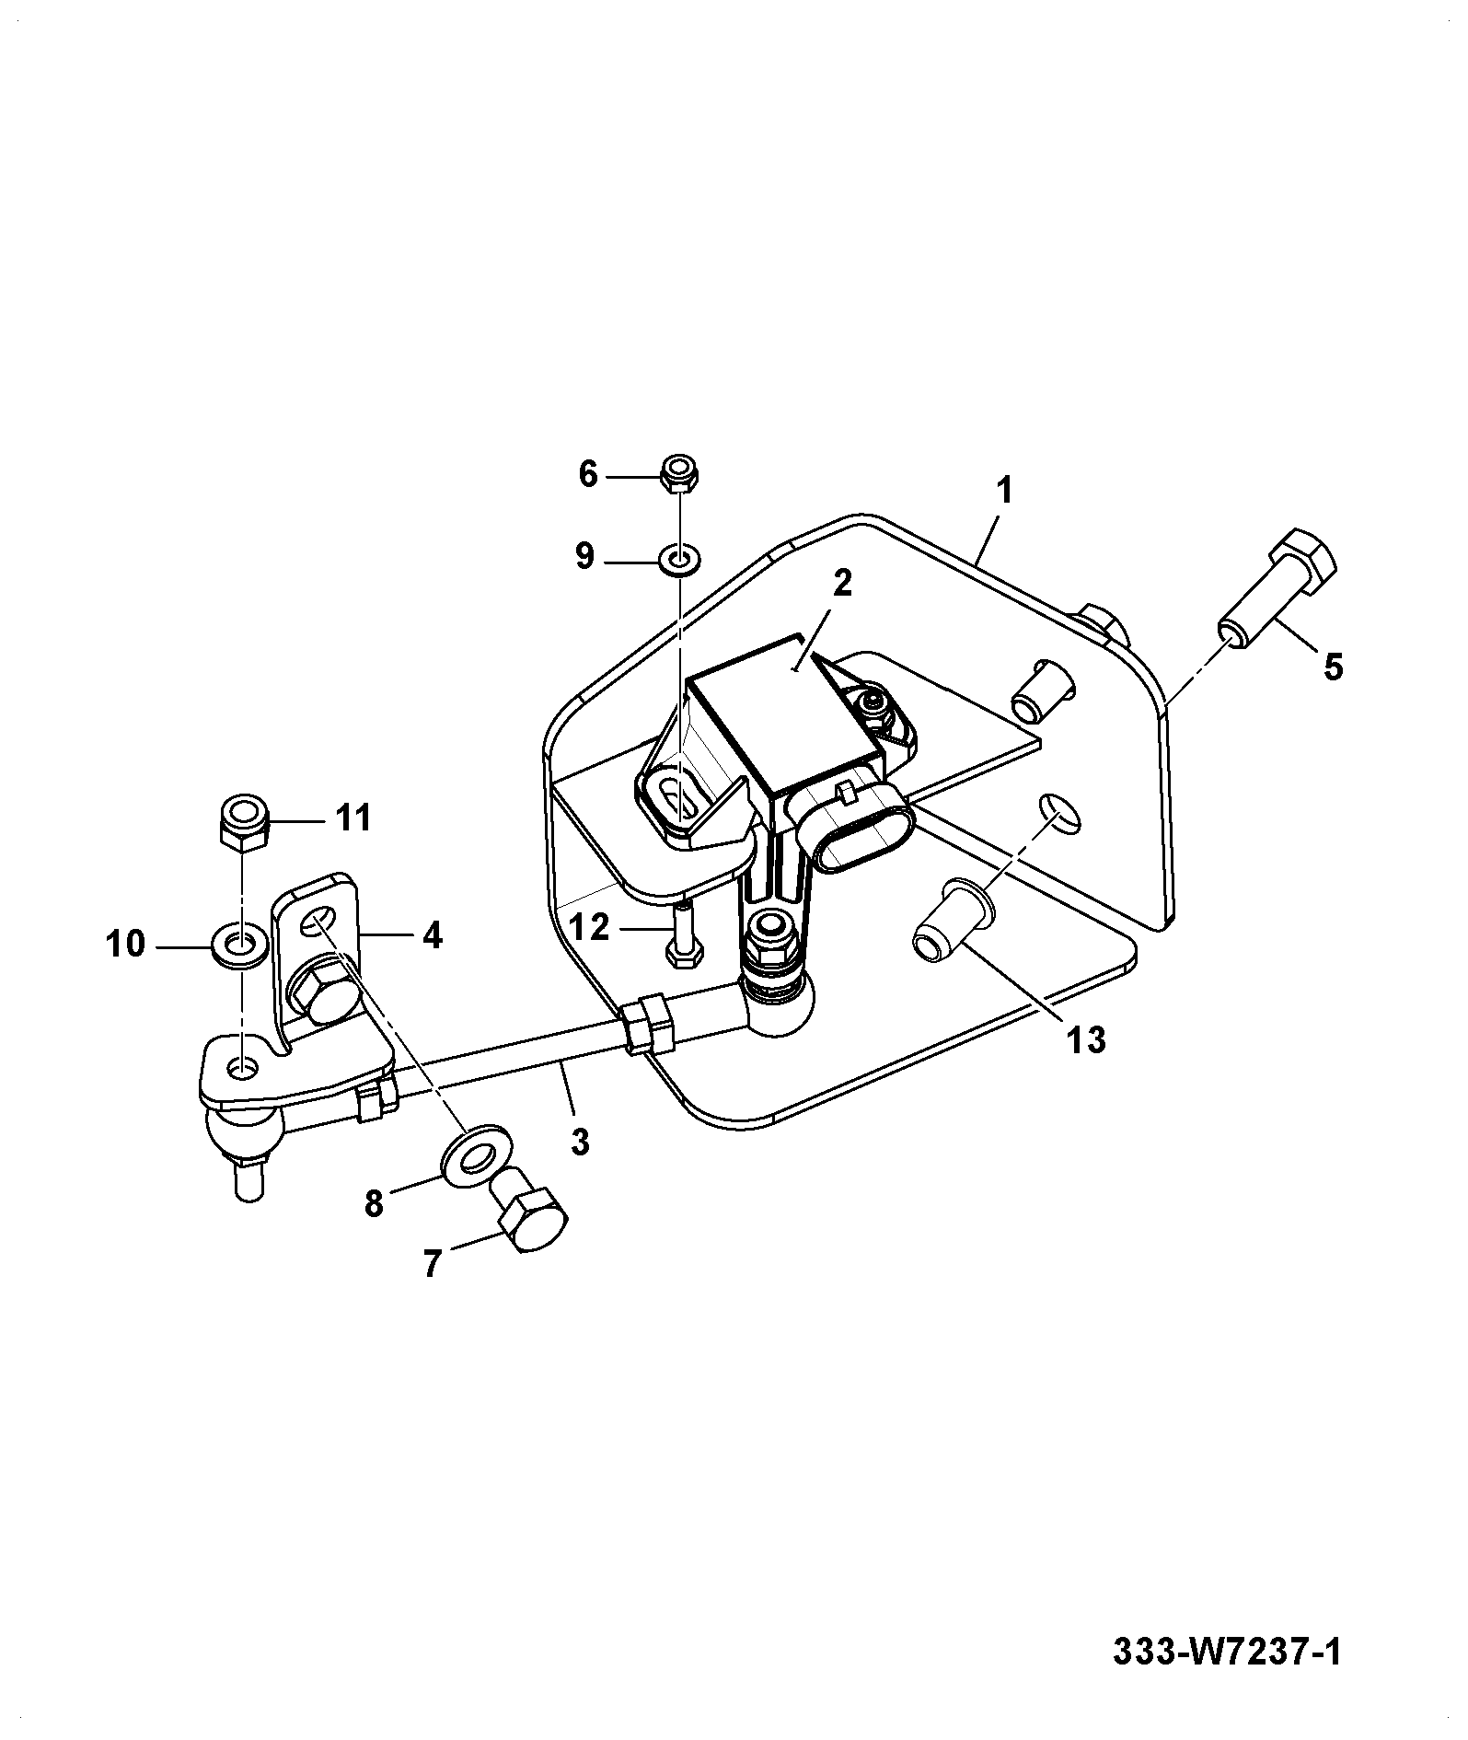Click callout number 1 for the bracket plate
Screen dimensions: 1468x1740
[x=1005, y=491]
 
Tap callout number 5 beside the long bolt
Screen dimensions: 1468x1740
[x=1332, y=666]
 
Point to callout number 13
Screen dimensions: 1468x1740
[x=1086, y=1040]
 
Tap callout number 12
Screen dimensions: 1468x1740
[x=590, y=927]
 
